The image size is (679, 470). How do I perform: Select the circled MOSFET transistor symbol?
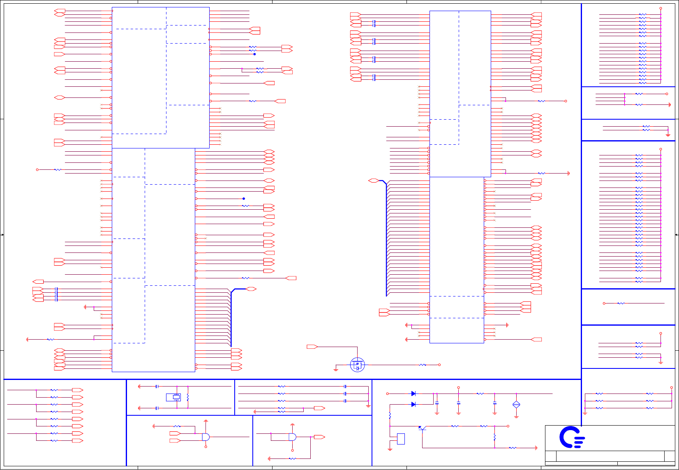357,365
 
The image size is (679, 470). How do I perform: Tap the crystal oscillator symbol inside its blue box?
176,397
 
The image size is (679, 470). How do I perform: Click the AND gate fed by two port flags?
206,437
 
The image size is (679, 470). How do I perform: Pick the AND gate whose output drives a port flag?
292,437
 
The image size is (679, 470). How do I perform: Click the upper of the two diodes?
413,394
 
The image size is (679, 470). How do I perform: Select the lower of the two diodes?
413,404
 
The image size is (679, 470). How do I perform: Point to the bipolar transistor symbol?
421,428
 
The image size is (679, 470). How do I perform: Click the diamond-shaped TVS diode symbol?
516,405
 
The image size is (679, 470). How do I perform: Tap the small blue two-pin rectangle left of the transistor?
401,439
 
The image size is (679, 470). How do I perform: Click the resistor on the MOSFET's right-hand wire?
423,365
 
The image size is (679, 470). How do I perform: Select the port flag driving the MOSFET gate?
312,347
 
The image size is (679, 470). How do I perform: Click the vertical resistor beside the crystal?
188,397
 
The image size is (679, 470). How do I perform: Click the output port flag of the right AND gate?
319,437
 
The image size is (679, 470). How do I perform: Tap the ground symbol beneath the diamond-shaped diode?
516,416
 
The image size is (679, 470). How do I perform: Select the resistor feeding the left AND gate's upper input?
177,426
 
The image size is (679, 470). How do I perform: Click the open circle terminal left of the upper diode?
387,394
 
